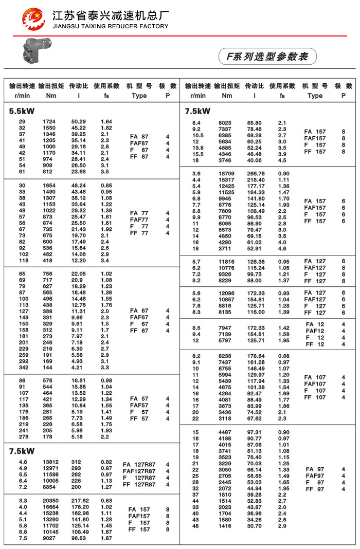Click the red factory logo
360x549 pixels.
pyautogui.click(x=33, y=19)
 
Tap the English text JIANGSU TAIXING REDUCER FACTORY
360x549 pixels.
pyautogui.click(x=110, y=26)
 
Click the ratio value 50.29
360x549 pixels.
pyautogui.click(x=78, y=122)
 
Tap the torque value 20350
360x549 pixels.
pyautogui.click(x=50, y=501)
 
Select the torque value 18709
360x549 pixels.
pyautogui.click(x=226, y=174)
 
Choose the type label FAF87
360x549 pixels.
pyautogui.click(x=139, y=143)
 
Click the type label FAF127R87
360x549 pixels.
pyautogui.click(x=139, y=471)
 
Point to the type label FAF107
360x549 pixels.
pyautogui.click(x=315, y=384)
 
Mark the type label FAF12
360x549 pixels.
pyautogui.click(x=315, y=331)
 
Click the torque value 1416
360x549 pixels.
pyautogui.click(x=226, y=526)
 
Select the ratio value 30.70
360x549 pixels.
pyautogui.click(x=255, y=526)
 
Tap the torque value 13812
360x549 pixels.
pyautogui.click(x=50, y=462)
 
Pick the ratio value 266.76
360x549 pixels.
pyautogui.click(x=255, y=174)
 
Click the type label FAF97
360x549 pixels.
pyautogui.click(x=315, y=476)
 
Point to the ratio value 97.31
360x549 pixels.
pyautogui.click(x=255, y=432)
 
